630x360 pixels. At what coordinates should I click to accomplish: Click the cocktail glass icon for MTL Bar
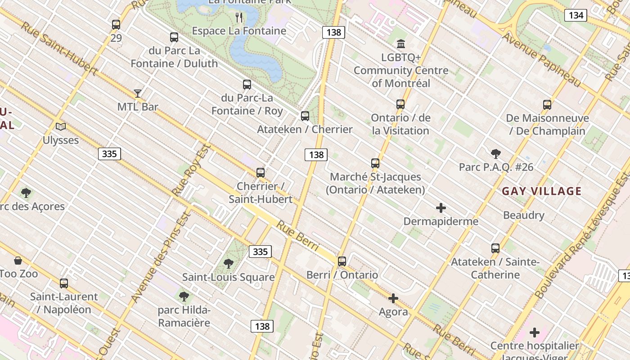tap(138, 94)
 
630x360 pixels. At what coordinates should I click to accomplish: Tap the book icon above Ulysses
tap(61, 127)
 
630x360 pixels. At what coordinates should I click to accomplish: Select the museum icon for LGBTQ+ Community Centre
tap(401, 44)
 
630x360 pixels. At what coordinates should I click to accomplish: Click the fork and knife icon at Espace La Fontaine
tap(239, 18)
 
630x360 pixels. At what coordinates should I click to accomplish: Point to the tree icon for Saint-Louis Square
tap(229, 264)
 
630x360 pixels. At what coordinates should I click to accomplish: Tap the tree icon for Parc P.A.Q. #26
tap(496, 154)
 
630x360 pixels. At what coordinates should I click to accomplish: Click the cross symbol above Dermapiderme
tap(441, 208)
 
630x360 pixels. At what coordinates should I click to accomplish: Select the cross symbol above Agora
tap(393, 298)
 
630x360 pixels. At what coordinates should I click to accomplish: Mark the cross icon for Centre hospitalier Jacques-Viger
tap(535, 333)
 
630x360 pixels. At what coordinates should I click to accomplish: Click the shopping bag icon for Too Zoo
tap(18, 261)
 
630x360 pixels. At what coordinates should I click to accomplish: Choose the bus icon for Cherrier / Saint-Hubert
tap(261, 173)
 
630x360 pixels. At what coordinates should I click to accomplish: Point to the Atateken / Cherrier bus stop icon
tap(305, 116)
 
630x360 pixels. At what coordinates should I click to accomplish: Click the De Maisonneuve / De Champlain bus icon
tap(547, 105)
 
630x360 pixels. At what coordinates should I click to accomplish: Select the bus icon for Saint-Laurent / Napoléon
tap(64, 283)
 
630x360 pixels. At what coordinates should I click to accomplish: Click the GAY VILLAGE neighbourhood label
tap(542, 191)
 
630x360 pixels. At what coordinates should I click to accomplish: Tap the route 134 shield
tap(576, 15)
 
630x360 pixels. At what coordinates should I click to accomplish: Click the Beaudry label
tap(524, 215)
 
